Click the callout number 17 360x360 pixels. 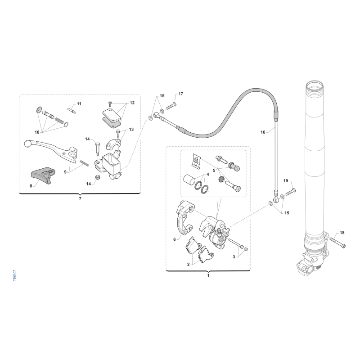[181, 94]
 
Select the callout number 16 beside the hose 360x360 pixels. [263, 132]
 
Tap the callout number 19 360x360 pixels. [285, 181]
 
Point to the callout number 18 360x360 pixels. [342, 233]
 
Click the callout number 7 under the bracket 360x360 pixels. [80, 198]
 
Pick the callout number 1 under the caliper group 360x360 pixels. [208, 275]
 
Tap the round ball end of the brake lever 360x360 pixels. [27, 144]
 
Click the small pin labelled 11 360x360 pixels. [72, 110]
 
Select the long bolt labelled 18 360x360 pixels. [337, 243]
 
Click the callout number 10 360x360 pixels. [37, 132]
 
